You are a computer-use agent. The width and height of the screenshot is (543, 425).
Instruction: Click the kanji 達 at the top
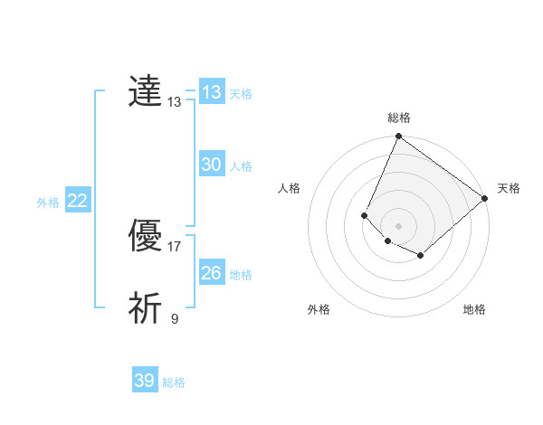[x=145, y=92]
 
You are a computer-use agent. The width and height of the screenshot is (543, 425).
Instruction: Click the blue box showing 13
[x=212, y=92]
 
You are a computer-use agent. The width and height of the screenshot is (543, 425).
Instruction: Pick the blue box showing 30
[x=212, y=165]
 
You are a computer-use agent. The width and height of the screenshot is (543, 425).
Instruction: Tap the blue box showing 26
[x=212, y=273]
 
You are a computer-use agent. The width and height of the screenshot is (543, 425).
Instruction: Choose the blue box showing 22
[x=78, y=201]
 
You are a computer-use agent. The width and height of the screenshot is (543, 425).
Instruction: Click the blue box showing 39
[x=145, y=381]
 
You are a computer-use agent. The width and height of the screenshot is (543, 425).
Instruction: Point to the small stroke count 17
[x=175, y=246]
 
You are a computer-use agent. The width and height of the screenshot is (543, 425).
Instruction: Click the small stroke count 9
[x=175, y=318]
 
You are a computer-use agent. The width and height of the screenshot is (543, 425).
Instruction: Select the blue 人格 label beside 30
[x=241, y=166]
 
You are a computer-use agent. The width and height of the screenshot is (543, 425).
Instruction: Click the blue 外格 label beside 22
[x=48, y=203]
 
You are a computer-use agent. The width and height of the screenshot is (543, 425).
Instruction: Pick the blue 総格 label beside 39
[x=174, y=382]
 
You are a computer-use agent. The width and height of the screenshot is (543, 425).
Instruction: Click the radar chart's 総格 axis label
[x=398, y=118]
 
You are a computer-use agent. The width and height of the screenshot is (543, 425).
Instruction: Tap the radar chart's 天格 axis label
[x=509, y=188]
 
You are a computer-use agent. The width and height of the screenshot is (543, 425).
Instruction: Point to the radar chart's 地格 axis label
[x=474, y=309]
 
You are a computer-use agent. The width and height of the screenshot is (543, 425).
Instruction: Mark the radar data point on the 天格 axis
[x=484, y=198]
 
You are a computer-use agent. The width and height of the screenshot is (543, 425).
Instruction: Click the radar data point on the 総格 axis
[x=398, y=137]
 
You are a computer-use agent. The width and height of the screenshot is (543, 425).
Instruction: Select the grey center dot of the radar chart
[x=398, y=226]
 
